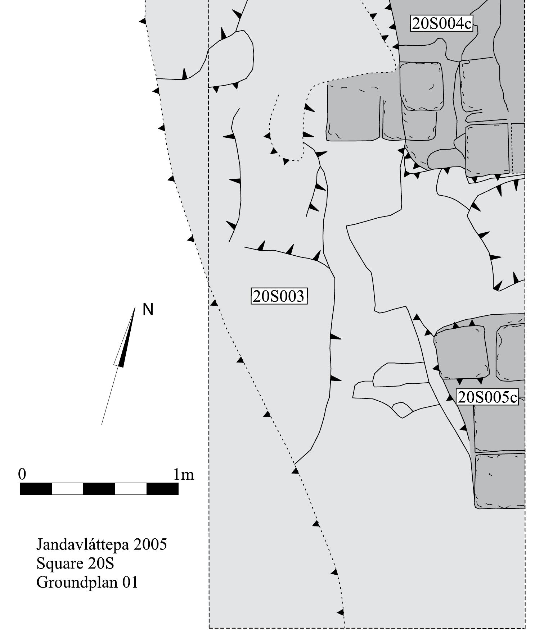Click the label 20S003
click(x=279, y=296)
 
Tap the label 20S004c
click(x=441, y=24)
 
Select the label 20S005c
click(x=487, y=397)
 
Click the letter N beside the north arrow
click(x=148, y=310)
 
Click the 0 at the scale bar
click(x=22, y=474)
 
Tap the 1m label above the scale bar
click(x=183, y=474)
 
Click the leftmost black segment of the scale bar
click(x=36, y=489)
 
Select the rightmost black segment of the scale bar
click(x=162, y=489)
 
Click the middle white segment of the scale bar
click(x=131, y=489)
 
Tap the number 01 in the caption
click(x=130, y=582)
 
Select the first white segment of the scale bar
click(x=67, y=489)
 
